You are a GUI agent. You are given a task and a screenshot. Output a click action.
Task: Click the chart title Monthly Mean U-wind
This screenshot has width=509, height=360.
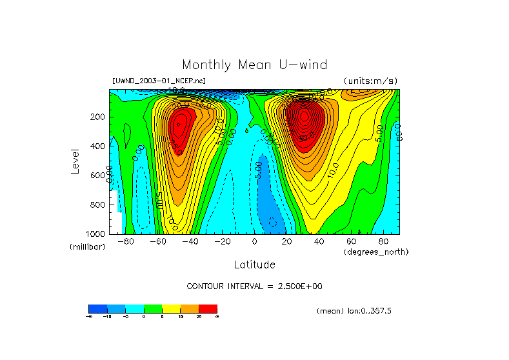[254, 65]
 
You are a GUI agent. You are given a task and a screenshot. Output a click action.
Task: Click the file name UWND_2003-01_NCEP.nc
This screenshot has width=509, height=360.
[159, 81]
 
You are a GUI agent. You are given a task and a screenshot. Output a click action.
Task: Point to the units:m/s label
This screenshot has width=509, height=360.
[370, 81]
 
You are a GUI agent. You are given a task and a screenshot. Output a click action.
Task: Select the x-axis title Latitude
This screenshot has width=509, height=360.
[254, 265]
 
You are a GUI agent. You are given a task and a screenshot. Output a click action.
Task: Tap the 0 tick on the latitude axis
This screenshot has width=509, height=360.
[255, 242]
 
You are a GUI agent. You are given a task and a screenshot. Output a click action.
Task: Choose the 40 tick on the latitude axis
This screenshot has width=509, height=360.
[319, 242]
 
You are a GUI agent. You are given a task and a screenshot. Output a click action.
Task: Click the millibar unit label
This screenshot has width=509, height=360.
[87, 248]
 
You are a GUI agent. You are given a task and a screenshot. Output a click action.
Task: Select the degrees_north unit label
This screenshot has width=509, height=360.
[376, 252]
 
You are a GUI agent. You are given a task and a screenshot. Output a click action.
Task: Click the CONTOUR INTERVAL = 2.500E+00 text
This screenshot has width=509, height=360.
[254, 286]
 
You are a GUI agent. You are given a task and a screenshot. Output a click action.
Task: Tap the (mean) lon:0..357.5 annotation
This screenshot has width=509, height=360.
[354, 311]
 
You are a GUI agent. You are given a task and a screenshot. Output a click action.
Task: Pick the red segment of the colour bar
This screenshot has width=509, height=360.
[208, 309]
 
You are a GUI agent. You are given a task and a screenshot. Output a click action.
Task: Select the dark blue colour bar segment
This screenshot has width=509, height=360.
[97, 309]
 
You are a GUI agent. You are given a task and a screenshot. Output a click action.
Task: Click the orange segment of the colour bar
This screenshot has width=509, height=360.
[190, 309]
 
